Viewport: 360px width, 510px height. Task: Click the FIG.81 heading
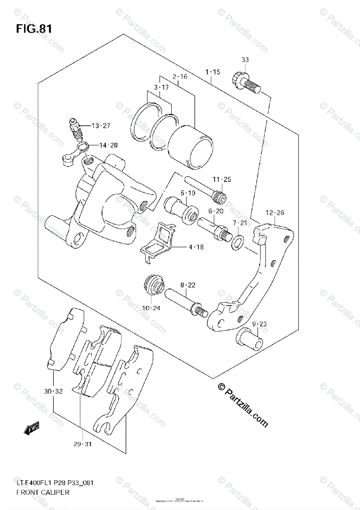(x=34, y=29)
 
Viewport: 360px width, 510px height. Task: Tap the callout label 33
(x=245, y=60)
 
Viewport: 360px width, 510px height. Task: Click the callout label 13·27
(x=101, y=125)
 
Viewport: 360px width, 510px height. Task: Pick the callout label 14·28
(x=108, y=145)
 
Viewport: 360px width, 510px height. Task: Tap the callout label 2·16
(x=180, y=77)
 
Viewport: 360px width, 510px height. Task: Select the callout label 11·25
(x=221, y=179)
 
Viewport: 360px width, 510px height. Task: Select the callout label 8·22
(x=187, y=285)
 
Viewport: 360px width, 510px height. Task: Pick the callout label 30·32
(x=53, y=391)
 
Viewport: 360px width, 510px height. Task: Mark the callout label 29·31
(x=82, y=444)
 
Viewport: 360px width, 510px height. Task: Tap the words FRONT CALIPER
(x=43, y=492)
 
